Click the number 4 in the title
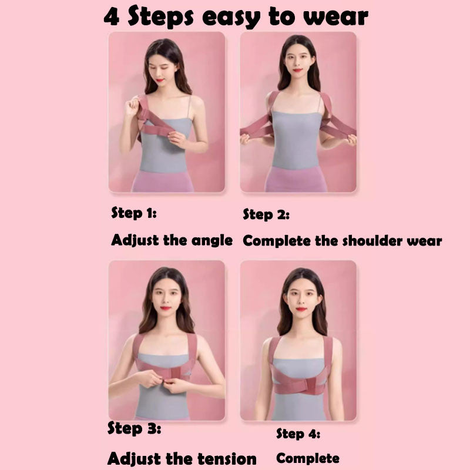pos(112,17)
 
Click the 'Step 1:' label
pos(134,213)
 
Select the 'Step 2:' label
pos(266,214)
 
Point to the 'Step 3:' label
pos(134,428)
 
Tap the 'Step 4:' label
pos(298,434)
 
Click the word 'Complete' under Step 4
pos(308,458)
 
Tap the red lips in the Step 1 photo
pos(159,80)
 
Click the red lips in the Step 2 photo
pos(297,70)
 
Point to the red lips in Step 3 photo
pos(166,308)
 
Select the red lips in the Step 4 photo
pos(301,310)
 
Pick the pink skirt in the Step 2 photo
pos(296,179)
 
